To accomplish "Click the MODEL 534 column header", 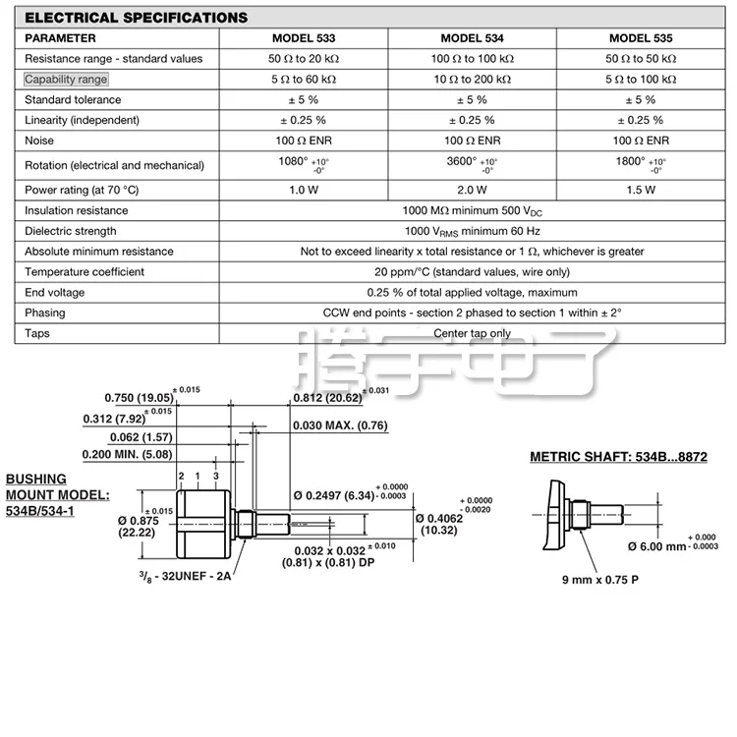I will pyautogui.click(x=472, y=38).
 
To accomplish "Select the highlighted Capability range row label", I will pyautogui.click(x=66, y=80).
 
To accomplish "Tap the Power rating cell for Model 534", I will pyautogui.click(x=472, y=190).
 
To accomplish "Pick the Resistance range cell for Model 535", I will pyautogui.click(x=641, y=59).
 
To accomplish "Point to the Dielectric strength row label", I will pyautogui.click(x=71, y=231).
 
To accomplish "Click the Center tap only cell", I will pyautogui.click(x=472, y=333).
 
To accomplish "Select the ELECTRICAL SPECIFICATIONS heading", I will pyautogui.click(x=136, y=18).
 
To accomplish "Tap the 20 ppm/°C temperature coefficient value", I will pyautogui.click(x=472, y=272).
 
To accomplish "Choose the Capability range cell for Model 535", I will pyautogui.click(x=641, y=80).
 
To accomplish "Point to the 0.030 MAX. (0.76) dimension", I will pyautogui.click(x=340, y=425).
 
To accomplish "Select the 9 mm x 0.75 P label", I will pyautogui.click(x=599, y=579).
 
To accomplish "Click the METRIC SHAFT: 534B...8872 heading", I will pyautogui.click(x=618, y=457).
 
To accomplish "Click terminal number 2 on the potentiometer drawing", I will pyautogui.click(x=182, y=476).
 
